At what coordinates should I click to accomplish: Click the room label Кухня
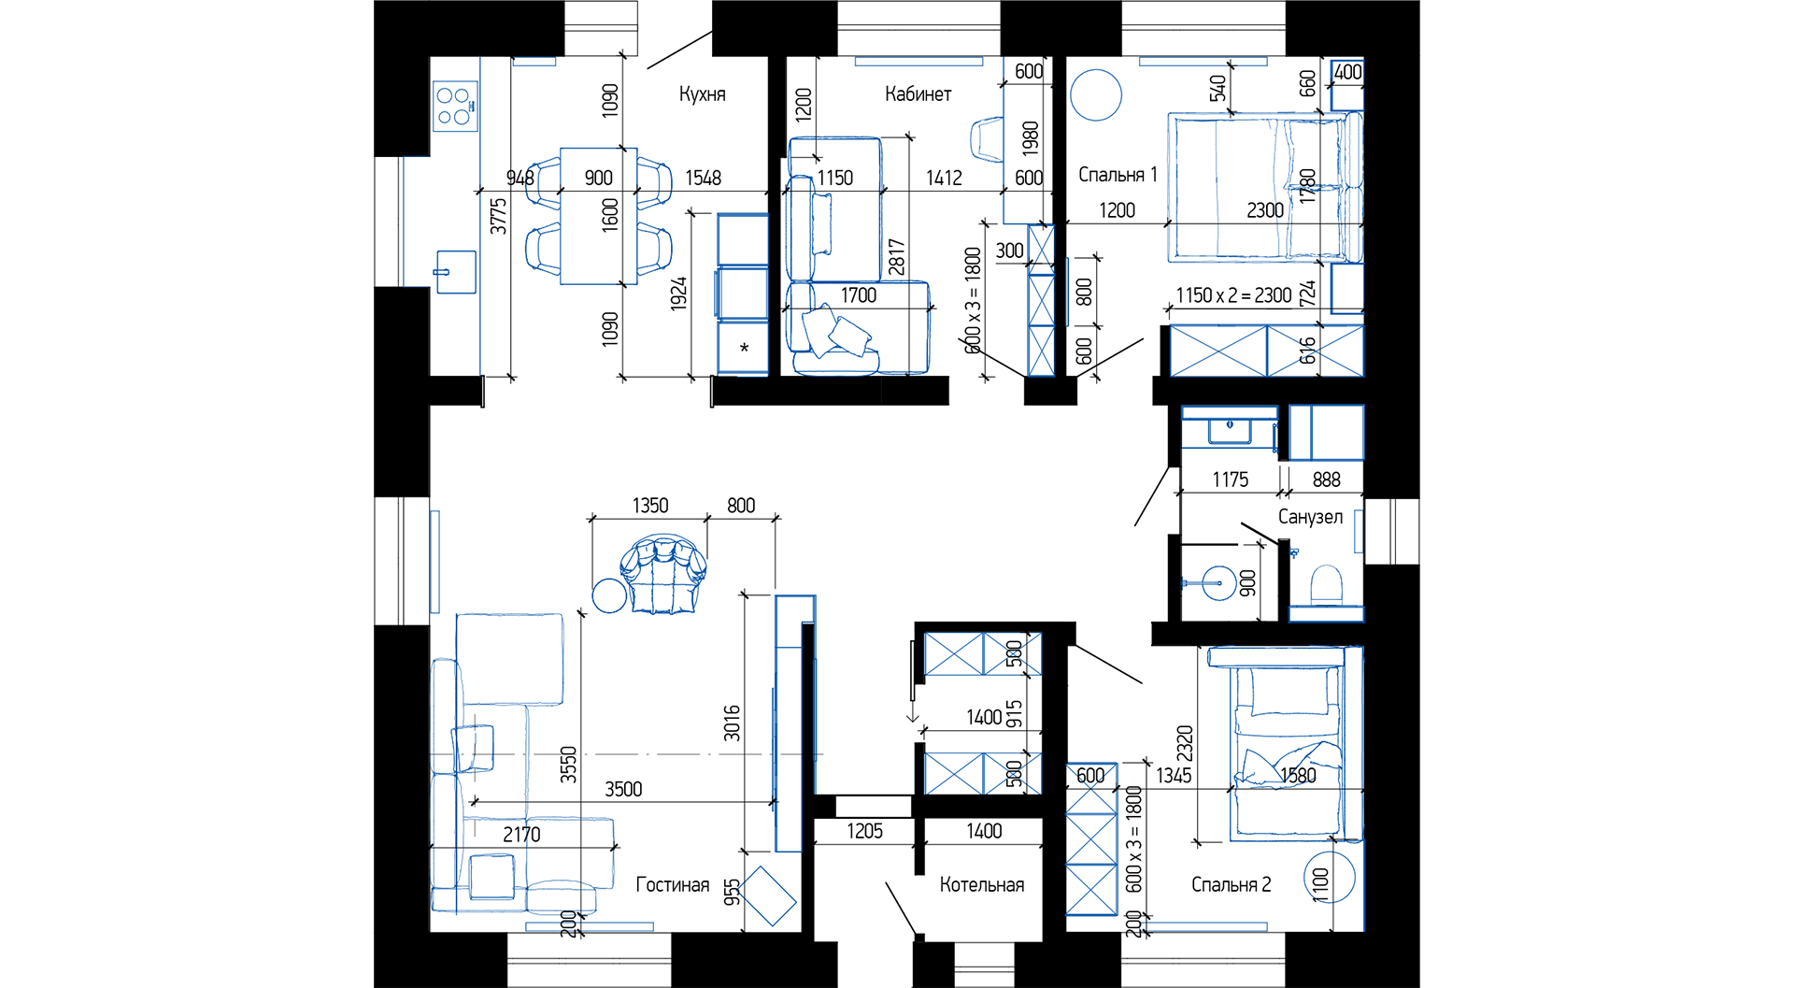coord(702,94)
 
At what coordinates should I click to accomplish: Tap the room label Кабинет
coord(918,94)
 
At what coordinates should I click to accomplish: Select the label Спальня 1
coord(1118,175)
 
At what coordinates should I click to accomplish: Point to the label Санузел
coord(1310,517)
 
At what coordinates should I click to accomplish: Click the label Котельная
coord(981,885)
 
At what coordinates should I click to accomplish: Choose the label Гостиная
coord(672,885)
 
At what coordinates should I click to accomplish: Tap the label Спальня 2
coord(1231,885)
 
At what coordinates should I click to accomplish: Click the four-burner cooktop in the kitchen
coord(456,106)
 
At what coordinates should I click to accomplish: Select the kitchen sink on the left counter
coord(456,272)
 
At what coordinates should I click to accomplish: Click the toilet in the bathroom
coord(1327,585)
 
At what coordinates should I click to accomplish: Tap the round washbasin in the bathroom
coord(1218,582)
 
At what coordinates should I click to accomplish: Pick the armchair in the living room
coord(663,574)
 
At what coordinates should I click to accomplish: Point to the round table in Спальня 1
coord(1095,94)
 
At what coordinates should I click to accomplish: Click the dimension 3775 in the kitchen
coord(498,216)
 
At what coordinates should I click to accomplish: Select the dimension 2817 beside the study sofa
coord(896,257)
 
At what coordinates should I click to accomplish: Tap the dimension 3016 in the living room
coord(732,723)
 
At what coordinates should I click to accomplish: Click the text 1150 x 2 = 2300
coord(1233,296)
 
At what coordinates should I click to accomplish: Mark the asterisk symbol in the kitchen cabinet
coord(744,349)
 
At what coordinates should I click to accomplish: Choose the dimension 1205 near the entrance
coord(864,832)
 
